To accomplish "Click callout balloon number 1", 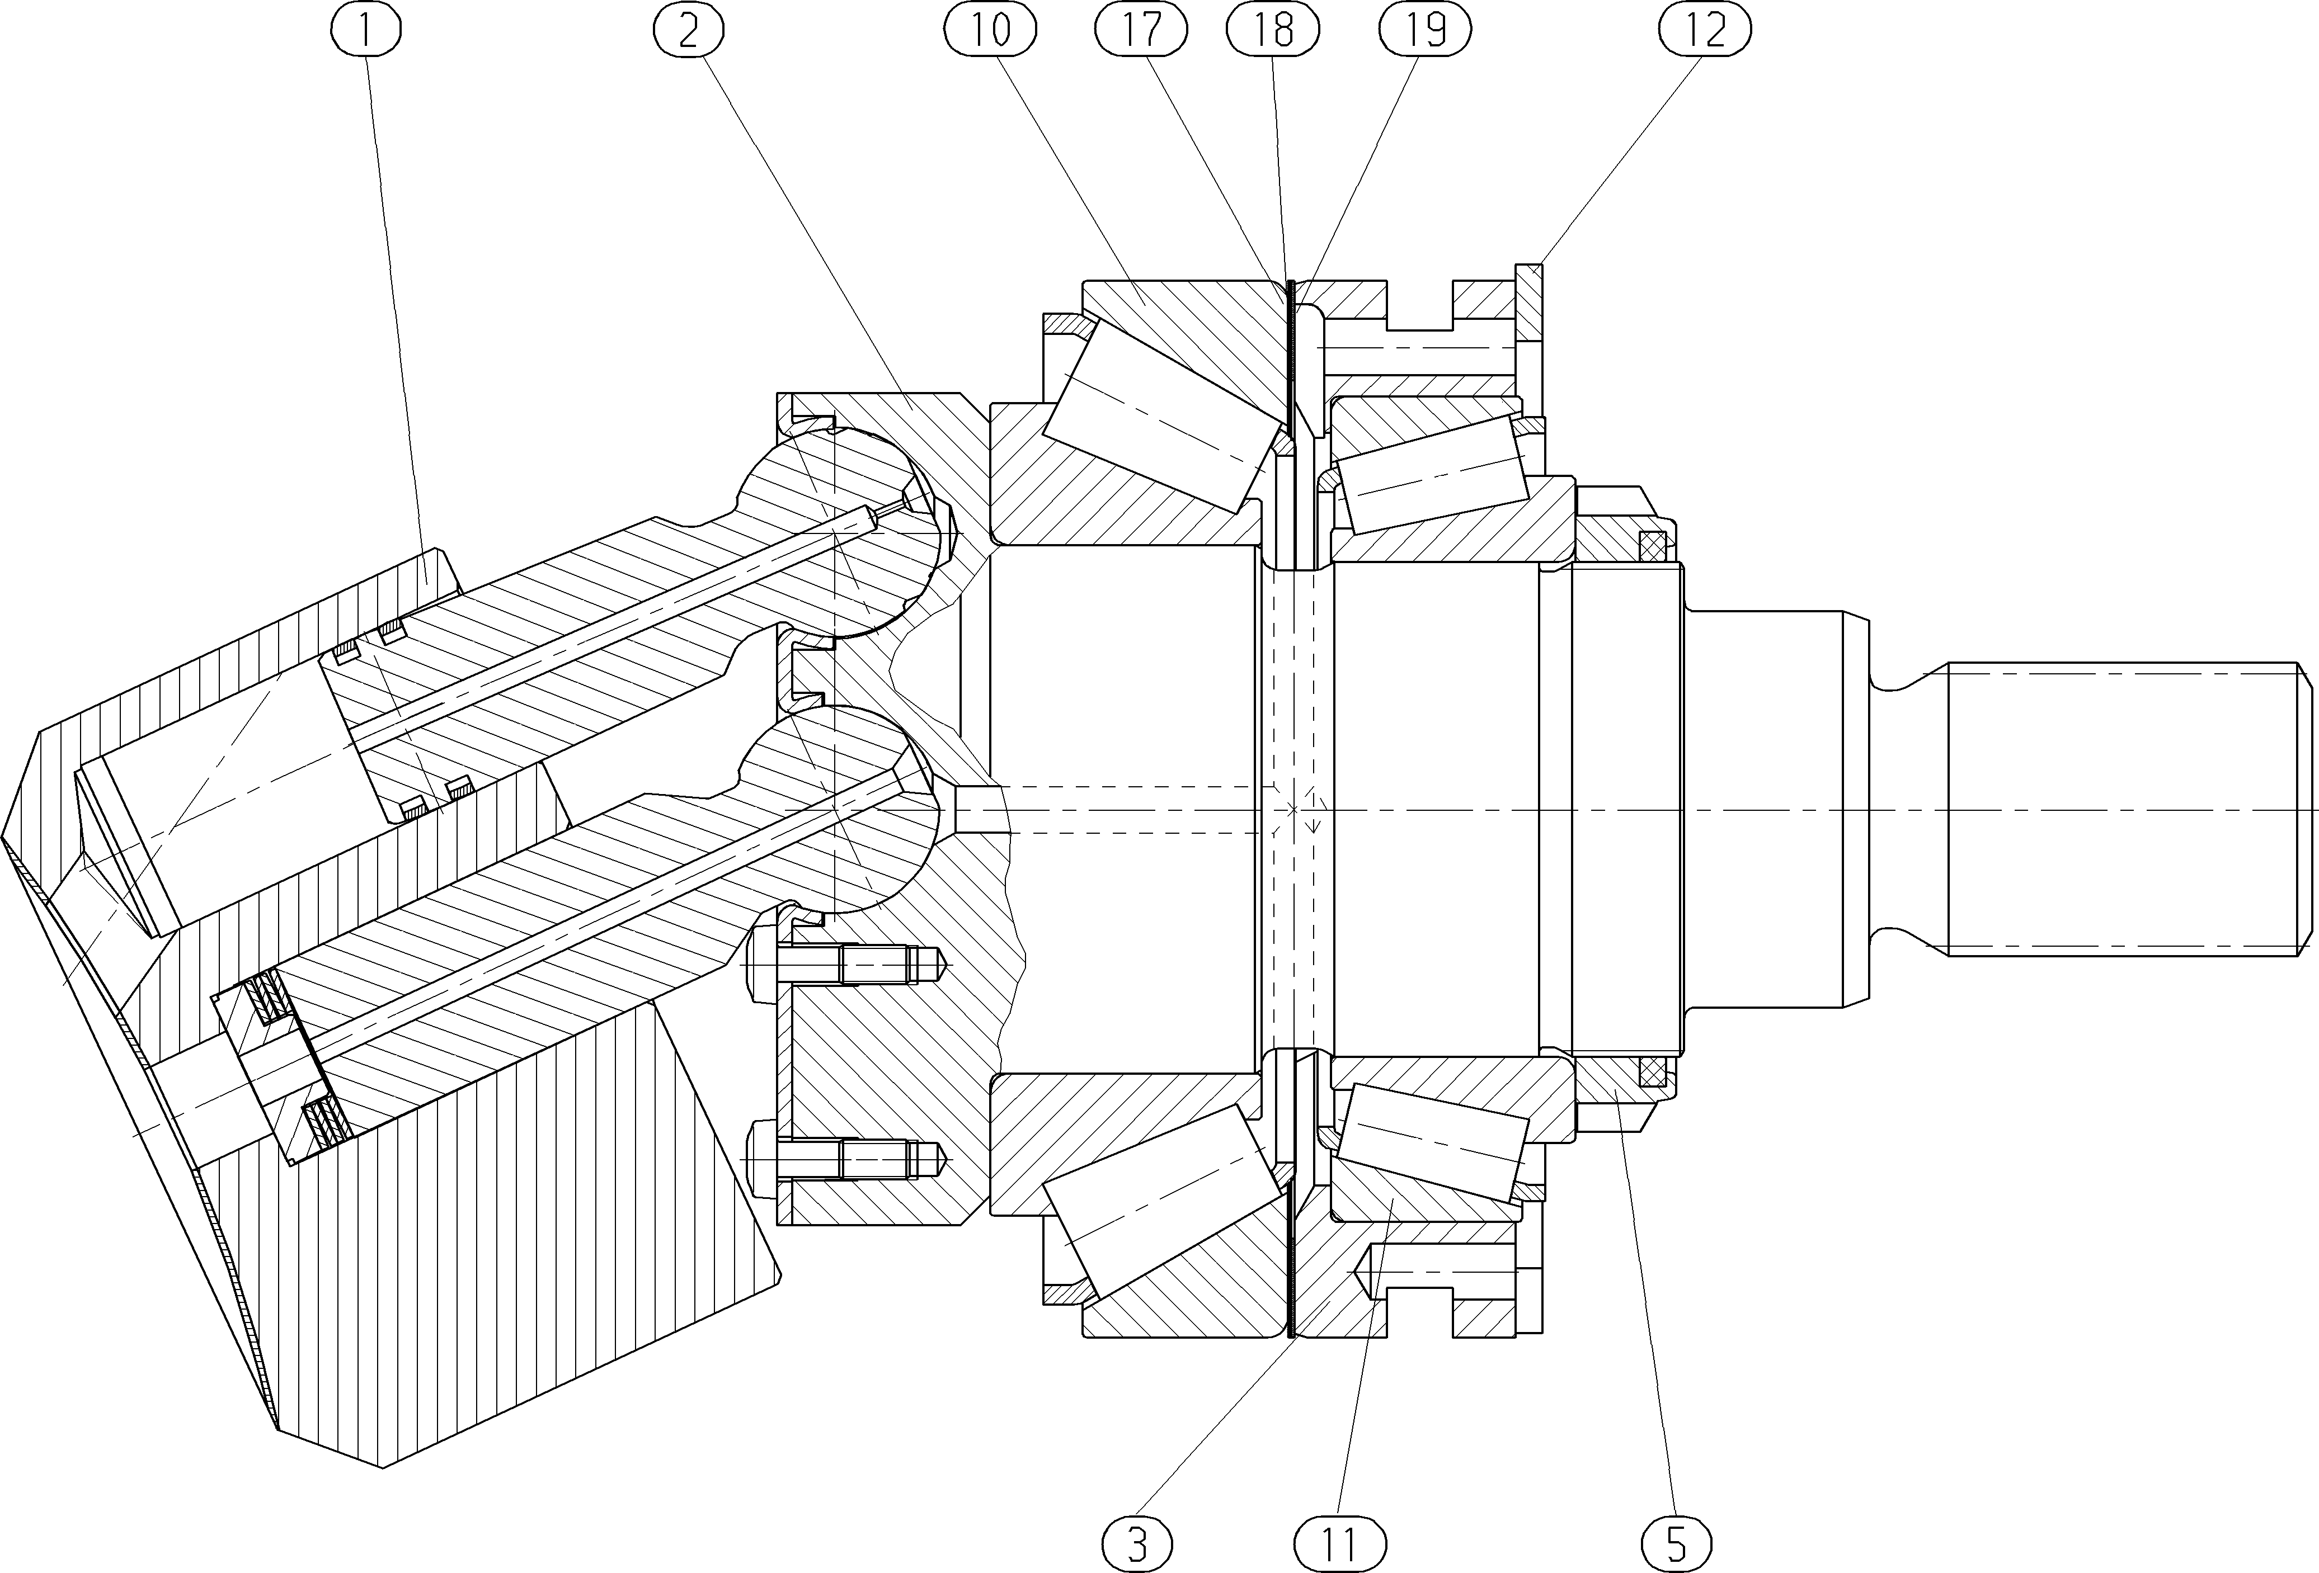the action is pyautogui.click(x=365, y=31).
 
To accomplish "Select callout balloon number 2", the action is pyautogui.click(x=689, y=31).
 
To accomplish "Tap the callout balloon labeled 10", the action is pyautogui.click(x=990, y=31).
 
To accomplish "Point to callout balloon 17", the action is pyautogui.click(x=1141, y=31).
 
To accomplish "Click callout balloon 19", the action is pyautogui.click(x=1426, y=31).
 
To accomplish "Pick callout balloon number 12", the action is pyautogui.click(x=1705, y=31).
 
